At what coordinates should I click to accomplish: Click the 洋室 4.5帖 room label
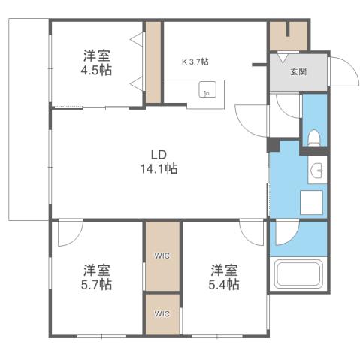pos(98,61)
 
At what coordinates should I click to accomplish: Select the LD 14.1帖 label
pos(158,162)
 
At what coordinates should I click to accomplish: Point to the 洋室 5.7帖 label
pos(97,277)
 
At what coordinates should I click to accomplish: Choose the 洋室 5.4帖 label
pos(225,277)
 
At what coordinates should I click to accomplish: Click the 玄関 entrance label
pos(298,72)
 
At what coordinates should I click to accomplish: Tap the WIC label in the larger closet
pos(162,256)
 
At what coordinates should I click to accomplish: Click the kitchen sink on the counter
pos(207,92)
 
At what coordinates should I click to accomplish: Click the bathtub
pos(298,274)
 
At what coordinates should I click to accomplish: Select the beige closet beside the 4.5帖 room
pos(154,62)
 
